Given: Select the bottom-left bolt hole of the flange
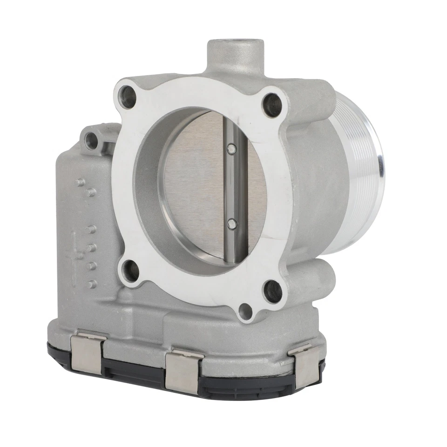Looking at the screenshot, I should coord(129,271).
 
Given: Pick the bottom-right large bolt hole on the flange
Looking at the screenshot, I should coord(272,291).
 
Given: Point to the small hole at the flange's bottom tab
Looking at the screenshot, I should coord(245,311).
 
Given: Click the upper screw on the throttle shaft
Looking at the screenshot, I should coord(231,149).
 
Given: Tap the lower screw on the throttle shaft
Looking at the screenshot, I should coord(231,224).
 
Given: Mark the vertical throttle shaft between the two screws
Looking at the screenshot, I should coord(231,186).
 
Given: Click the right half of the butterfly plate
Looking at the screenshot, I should coord(254,186).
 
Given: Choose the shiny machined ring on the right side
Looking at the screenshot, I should coord(368,168).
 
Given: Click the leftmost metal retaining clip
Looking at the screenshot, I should coord(88,352).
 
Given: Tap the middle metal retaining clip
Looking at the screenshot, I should coord(183,370).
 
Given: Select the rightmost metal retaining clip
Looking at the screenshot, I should coord(305,366).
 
